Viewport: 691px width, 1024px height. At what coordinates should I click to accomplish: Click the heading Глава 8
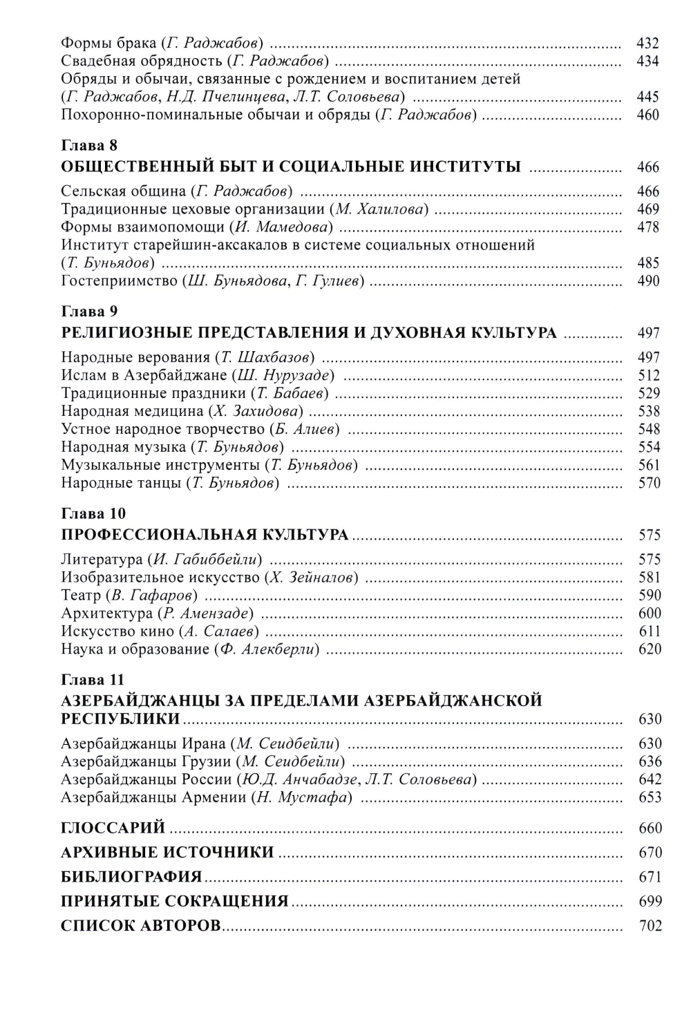pyautogui.click(x=89, y=146)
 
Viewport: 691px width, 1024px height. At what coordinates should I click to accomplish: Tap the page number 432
pyautogui.click(x=648, y=43)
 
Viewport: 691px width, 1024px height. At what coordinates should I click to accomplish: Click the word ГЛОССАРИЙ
pyautogui.click(x=113, y=827)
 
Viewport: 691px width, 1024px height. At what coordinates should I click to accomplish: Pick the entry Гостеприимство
pyautogui.click(x=117, y=281)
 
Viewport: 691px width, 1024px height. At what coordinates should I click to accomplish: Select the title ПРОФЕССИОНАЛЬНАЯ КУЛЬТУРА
pyautogui.click(x=205, y=535)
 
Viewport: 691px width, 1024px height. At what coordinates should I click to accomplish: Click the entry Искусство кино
pyautogui.click(x=117, y=631)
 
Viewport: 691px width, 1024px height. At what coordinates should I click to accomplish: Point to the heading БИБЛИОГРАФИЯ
pyautogui.click(x=131, y=877)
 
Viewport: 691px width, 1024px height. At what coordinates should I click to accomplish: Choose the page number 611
pyautogui.click(x=650, y=631)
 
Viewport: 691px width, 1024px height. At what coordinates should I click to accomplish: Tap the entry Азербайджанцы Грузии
pyautogui.click(x=145, y=761)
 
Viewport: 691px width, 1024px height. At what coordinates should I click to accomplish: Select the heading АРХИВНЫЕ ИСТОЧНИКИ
pyautogui.click(x=167, y=852)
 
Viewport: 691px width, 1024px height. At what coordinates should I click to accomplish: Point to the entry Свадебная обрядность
pyautogui.click(x=141, y=61)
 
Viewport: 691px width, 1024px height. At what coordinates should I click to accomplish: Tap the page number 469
pyautogui.click(x=649, y=209)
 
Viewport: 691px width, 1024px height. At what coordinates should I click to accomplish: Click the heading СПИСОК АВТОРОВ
pyautogui.click(x=141, y=926)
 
